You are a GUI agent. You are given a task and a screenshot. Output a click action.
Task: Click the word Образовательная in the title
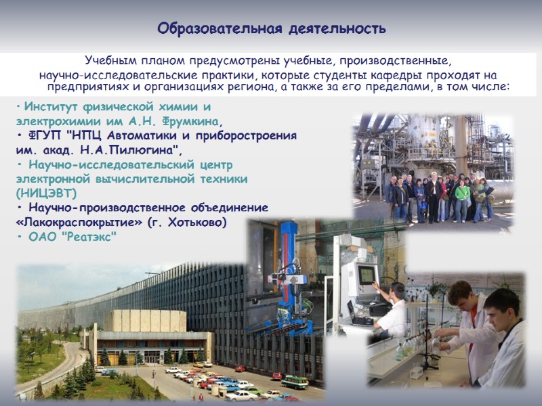pos(209,29)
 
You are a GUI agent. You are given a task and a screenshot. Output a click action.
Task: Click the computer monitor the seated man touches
pos(366,275)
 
